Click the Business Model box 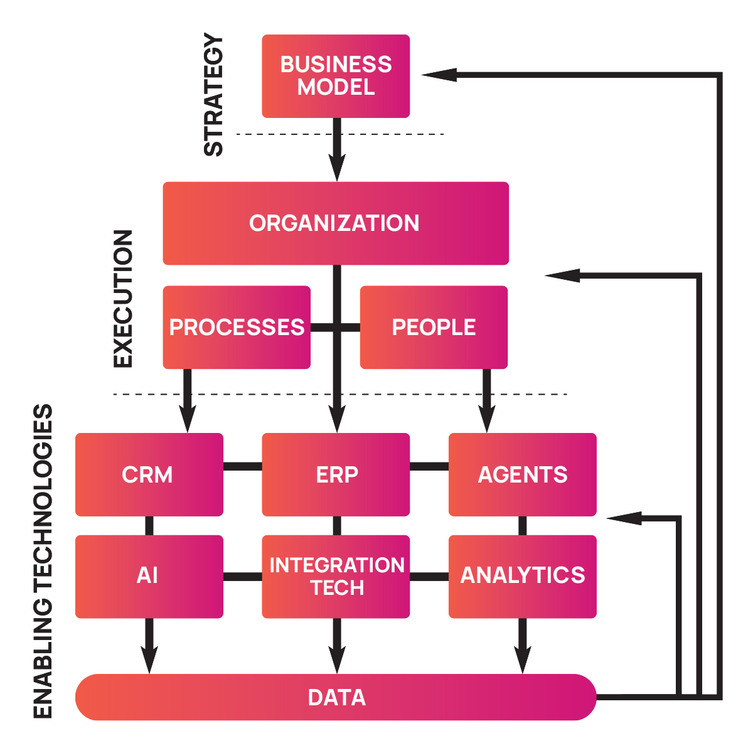336,76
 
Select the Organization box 336,223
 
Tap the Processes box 237,327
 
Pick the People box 434,327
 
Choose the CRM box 149,474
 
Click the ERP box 336,474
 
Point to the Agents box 523,474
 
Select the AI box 149,576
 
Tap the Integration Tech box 336,576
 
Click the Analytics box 523,576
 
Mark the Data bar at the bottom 336,697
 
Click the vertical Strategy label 214,95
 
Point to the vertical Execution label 123,299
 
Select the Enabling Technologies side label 43,561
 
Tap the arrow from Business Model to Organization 337,151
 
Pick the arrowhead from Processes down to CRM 187,419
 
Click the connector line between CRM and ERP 242,466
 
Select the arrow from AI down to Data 149,646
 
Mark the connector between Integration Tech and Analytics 429,577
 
